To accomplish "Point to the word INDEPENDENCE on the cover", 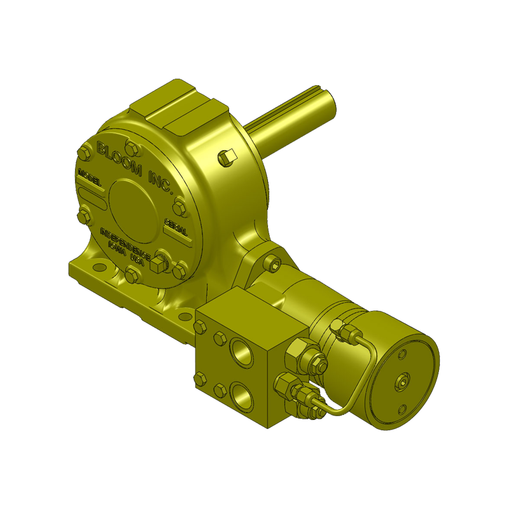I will [125, 242].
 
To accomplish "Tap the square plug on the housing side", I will [228, 156].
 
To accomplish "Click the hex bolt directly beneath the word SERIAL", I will [179, 270].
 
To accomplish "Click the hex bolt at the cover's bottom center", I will [132, 275].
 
